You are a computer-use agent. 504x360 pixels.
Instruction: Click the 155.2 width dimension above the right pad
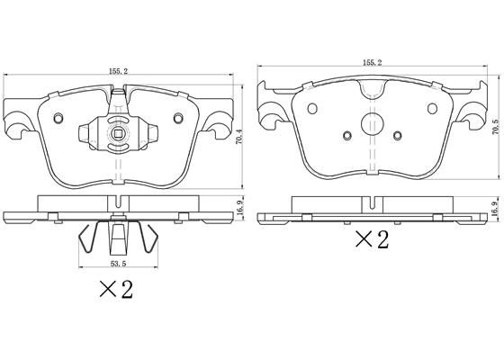click(x=372, y=62)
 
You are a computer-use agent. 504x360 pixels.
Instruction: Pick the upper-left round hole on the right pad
click(x=312, y=109)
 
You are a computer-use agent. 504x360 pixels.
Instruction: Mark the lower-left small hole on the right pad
click(x=346, y=137)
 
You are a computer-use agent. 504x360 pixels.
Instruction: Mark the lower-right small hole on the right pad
click(x=397, y=137)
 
